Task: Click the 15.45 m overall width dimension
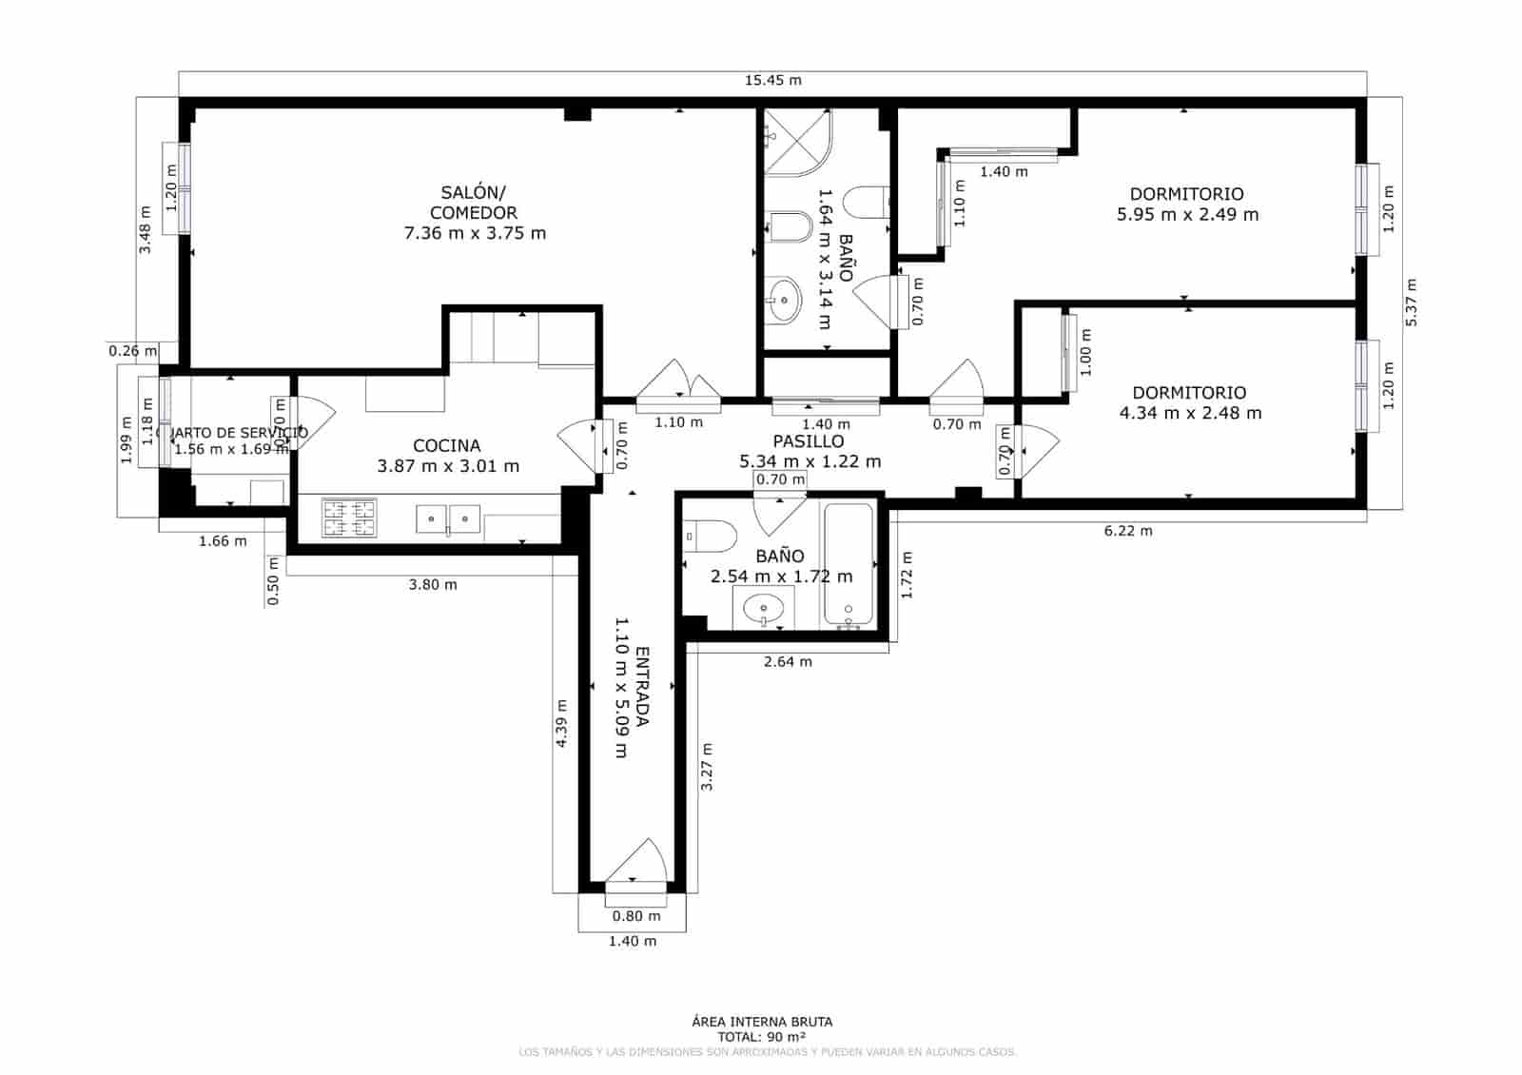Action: [x=772, y=80]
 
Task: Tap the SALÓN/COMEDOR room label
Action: [x=473, y=203]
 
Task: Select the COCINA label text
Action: [x=446, y=445]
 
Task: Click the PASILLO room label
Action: [x=808, y=441]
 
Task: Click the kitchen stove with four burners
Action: [x=349, y=518]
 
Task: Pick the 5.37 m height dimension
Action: [x=1411, y=303]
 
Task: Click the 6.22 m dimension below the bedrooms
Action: [x=1127, y=531]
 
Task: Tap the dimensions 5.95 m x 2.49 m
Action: [x=1186, y=215]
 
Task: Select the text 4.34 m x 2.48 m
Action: [x=1189, y=413]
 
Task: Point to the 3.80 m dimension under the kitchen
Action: [x=432, y=584]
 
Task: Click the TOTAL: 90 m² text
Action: [x=762, y=1037]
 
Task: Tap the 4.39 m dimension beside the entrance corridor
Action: [x=561, y=723]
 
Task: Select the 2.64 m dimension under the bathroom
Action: [x=788, y=661]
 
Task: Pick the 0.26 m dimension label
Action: [x=132, y=351]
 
